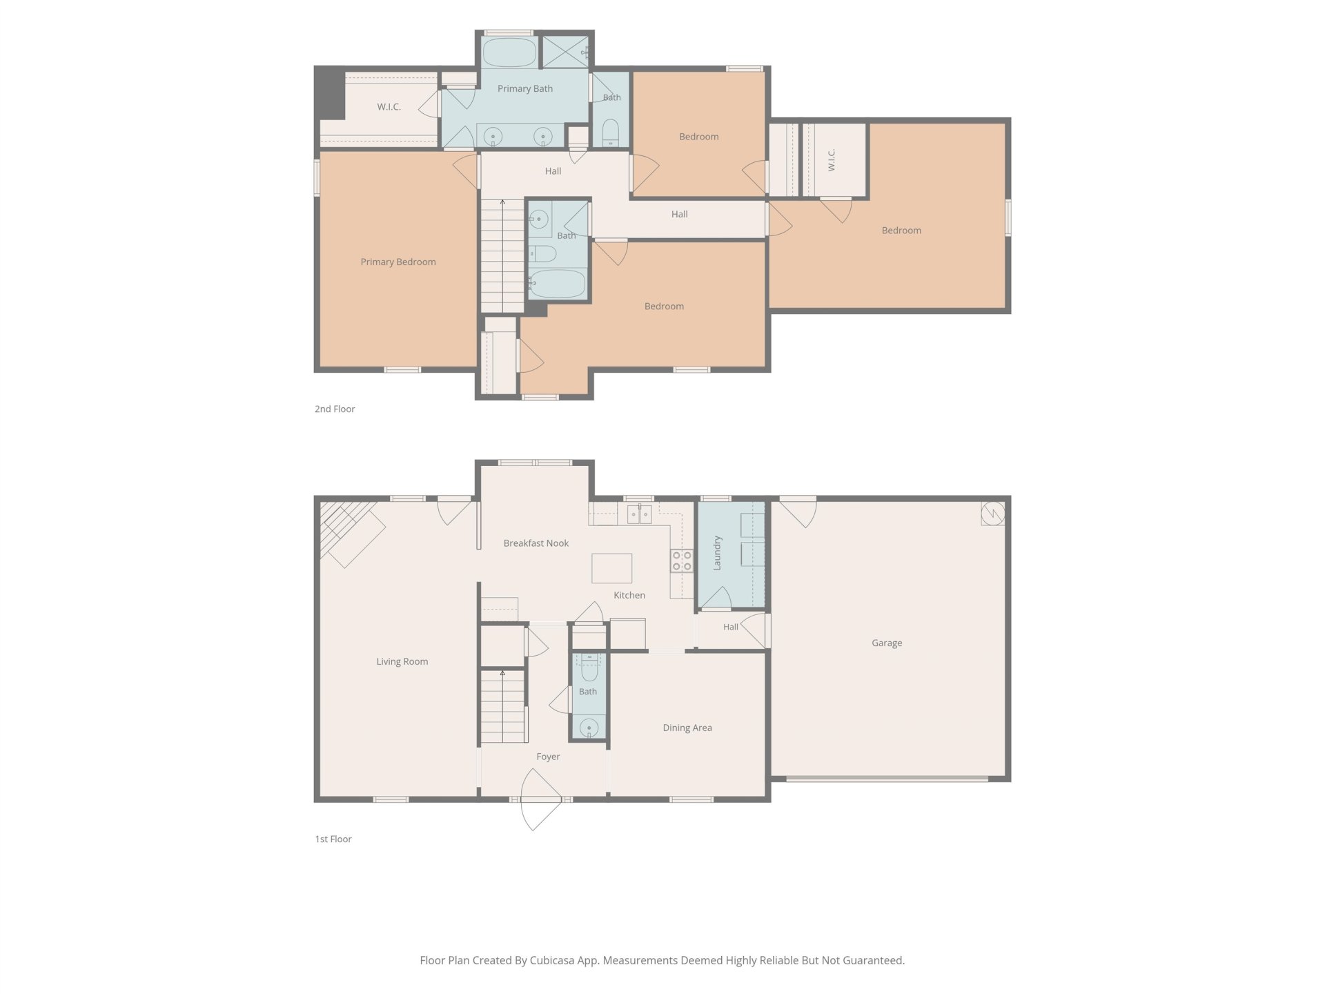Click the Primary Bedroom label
[x=398, y=262]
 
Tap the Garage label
[x=887, y=643]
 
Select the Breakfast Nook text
[x=536, y=543]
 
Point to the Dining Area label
[x=687, y=728]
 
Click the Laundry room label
[x=717, y=553]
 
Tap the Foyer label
[x=548, y=757]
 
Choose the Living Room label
[x=402, y=661]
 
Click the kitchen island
[x=612, y=568]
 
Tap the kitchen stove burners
[x=682, y=561]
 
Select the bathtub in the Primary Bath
[x=509, y=52]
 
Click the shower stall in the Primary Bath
[x=565, y=52]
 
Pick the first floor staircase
[x=503, y=706]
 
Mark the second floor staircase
[x=502, y=256]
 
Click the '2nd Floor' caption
[x=335, y=409]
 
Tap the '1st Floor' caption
[x=333, y=839]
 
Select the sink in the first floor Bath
[x=589, y=727]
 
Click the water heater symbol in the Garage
[x=993, y=514]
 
